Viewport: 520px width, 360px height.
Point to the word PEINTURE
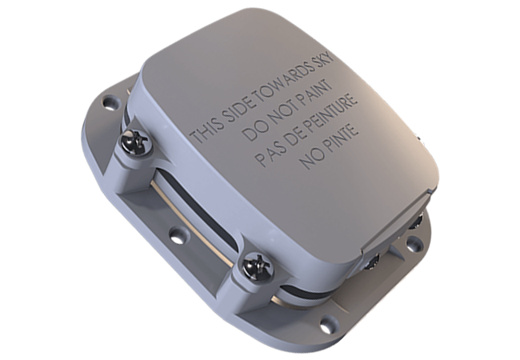click(x=328, y=116)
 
